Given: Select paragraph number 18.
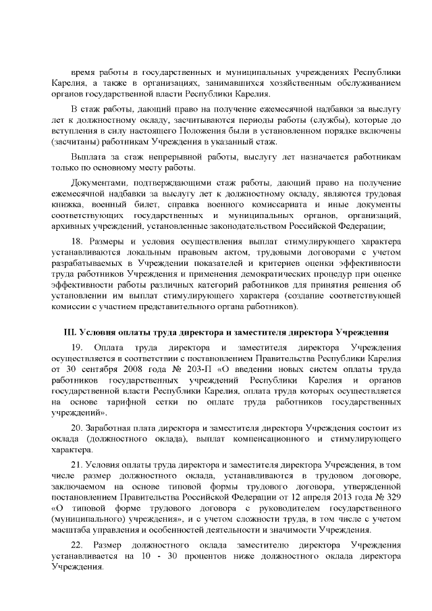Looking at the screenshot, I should pyautogui.click(x=77, y=241).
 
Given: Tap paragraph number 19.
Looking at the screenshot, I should pyautogui.click(x=77, y=347).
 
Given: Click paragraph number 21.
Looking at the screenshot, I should pyautogui.click(x=77, y=464).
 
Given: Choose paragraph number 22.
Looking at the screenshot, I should pyautogui.click(x=77, y=543).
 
